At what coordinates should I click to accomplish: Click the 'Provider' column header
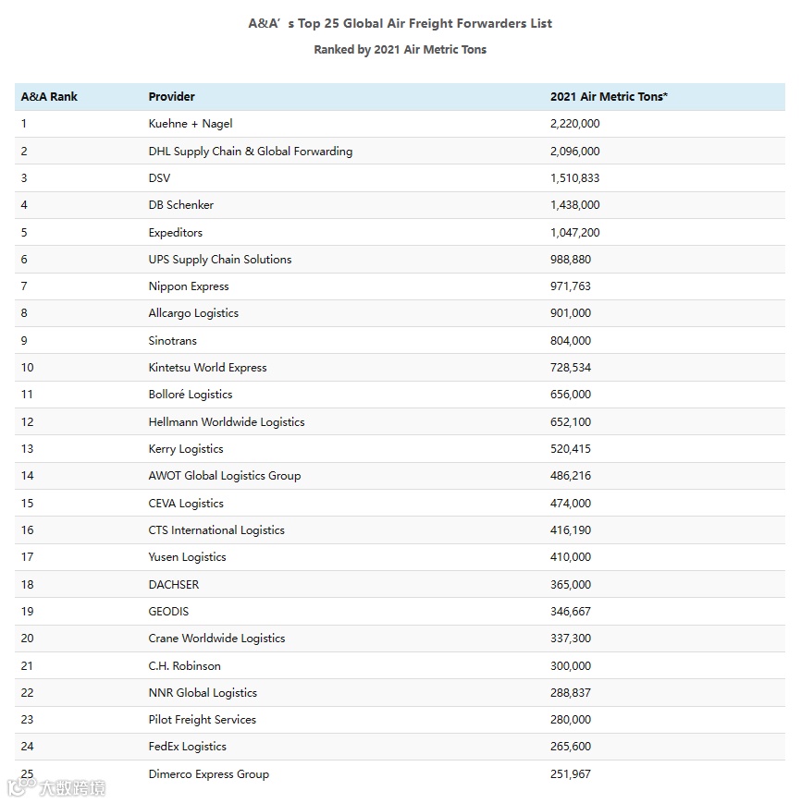[172, 96]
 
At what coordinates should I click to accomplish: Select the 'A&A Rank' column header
[49, 96]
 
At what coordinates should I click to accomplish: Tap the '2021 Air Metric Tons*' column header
[609, 96]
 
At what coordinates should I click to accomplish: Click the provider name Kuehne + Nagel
[191, 124]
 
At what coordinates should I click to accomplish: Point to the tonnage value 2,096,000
[574, 151]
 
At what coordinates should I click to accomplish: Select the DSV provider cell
[159, 177]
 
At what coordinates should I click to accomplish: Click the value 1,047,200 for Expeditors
[574, 232]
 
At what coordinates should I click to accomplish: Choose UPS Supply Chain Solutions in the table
[220, 259]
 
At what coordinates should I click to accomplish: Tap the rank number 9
[24, 340]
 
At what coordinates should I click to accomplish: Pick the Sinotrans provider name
[173, 340]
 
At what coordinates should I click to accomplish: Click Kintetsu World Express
[207, 367]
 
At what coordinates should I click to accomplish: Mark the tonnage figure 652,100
[571, 421]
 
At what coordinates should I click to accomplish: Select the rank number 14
[27, 476]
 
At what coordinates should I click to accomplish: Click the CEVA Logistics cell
[186, 503]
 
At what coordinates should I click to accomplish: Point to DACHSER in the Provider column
[174, 584]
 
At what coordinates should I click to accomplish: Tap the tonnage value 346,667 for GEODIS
[571, 611]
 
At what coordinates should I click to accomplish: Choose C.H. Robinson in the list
[185, 665]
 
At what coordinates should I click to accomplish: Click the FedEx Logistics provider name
[188, 747]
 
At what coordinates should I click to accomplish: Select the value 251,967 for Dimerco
[571, 773]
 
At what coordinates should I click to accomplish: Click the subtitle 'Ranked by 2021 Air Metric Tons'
[400, 50]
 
